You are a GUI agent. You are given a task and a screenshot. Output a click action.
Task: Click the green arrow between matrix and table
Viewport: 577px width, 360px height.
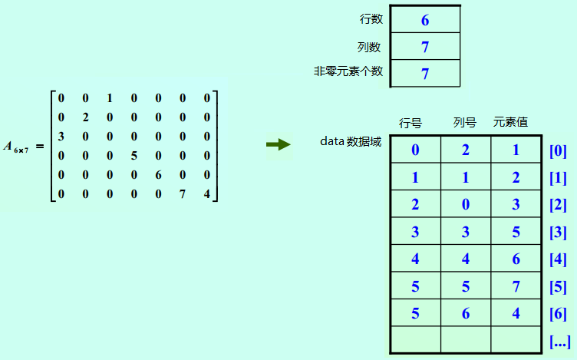coord(278,144)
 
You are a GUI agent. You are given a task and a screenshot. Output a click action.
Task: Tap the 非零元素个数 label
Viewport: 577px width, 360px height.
coord(348,71)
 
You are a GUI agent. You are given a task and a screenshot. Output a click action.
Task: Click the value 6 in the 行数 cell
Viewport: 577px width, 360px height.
coord(425,20)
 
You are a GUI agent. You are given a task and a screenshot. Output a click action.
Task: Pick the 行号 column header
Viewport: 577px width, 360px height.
coord(411,123)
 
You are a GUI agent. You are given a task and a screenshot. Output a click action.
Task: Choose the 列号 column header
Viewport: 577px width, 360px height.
coord(465,123)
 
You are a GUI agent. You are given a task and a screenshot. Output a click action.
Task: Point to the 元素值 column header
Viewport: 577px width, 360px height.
coord(510,123)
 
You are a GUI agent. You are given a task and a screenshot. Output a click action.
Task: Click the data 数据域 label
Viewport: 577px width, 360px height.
coord(350,142)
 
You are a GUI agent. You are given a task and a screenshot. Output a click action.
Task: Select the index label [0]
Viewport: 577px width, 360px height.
coord(558,150)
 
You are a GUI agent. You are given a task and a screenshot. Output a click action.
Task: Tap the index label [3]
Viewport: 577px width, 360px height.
coord(558,232)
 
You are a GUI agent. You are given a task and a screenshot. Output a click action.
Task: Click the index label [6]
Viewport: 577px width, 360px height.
coord(558,313)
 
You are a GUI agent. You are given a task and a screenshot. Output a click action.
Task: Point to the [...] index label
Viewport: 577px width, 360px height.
coord(560,341)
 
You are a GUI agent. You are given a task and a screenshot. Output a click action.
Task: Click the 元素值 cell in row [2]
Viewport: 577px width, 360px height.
coord(516,204)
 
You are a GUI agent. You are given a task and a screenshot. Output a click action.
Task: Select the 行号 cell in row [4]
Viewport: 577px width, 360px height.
coord(415,259)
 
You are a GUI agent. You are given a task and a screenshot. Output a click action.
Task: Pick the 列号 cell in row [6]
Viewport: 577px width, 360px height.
coord(466,313)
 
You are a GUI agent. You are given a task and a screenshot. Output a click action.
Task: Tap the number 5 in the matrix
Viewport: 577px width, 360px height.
coord(134,155)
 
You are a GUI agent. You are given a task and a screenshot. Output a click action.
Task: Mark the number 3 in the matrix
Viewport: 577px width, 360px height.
coord(61,136)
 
